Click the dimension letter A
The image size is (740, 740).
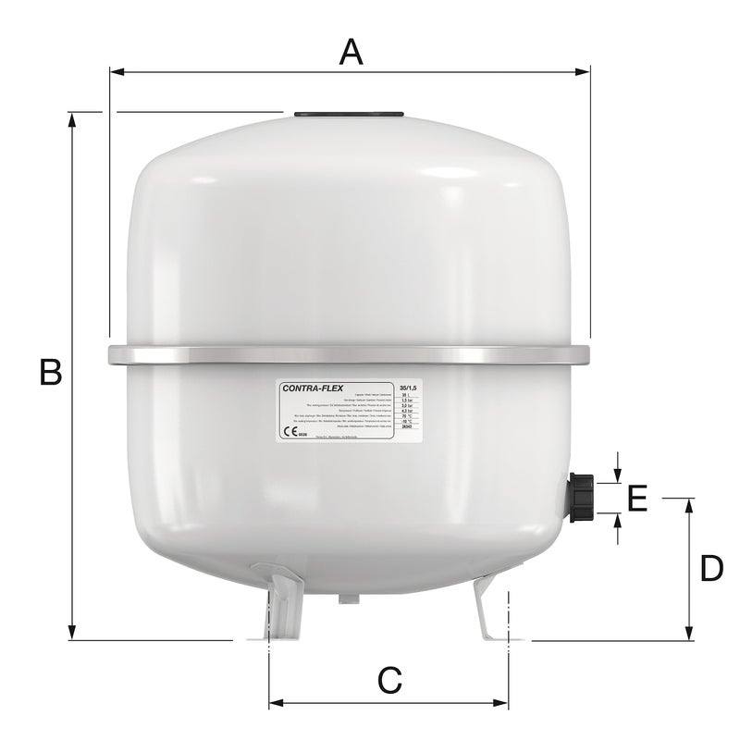point(350,52)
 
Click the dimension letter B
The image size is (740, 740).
point(50,372)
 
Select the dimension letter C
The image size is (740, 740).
point(390,682)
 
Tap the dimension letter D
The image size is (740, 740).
point(710,568)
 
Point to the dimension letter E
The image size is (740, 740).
point(637,499)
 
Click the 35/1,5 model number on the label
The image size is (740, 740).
point(407,386)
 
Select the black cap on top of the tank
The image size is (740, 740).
point(349,115)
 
